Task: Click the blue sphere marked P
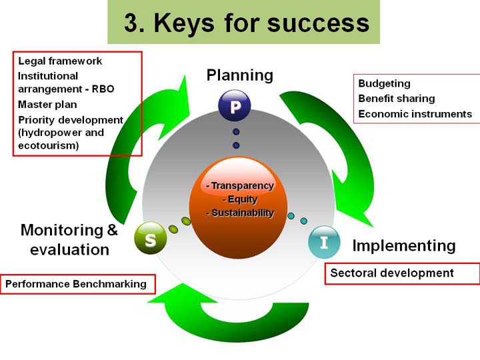coord(235,105)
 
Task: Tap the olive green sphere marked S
coord(150,238)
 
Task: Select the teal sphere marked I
coord(324,242)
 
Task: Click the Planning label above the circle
coord(240,75)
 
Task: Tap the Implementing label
coord(404,246)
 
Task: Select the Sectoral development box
coord(402,274)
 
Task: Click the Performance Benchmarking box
coord(78,284)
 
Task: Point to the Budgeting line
coord(384,83)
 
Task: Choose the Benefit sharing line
coord(397,99)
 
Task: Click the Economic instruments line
coord(415,114)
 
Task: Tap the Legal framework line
coord(60,61)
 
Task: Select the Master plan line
coord(47,105)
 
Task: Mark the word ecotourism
coord(49,145)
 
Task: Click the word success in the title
coord(319,23)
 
